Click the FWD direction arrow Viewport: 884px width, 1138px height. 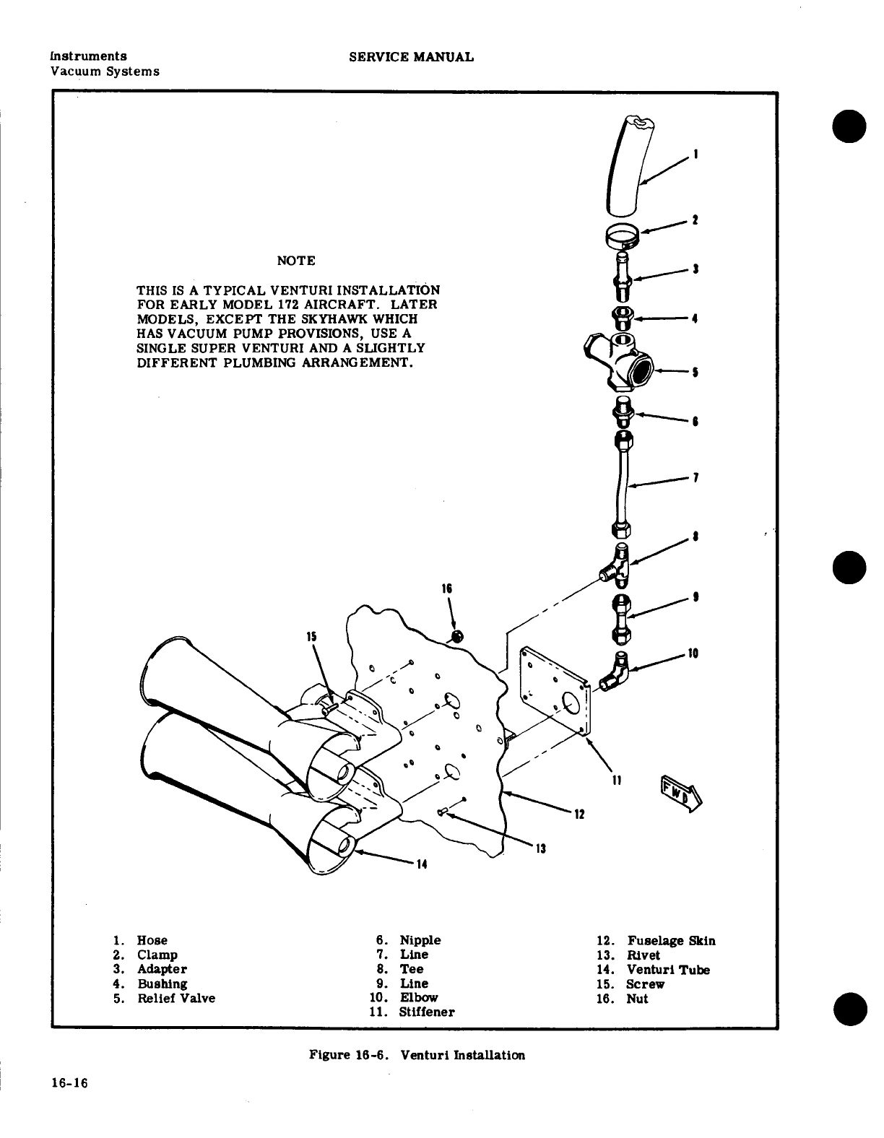click(679, 793)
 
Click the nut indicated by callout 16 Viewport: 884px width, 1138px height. click(456, 636)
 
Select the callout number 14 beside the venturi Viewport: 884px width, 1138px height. click(422, 864)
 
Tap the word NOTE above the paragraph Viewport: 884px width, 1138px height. click(295, 260)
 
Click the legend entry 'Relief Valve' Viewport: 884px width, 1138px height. click(176, 999)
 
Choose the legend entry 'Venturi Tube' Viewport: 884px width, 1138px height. click(667, 970)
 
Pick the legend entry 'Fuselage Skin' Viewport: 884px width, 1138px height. click(671, 941)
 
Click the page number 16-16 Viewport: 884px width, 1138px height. click(69, 1083)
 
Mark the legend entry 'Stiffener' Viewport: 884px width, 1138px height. click(427, 1012)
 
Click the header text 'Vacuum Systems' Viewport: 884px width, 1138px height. click(105, 71)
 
